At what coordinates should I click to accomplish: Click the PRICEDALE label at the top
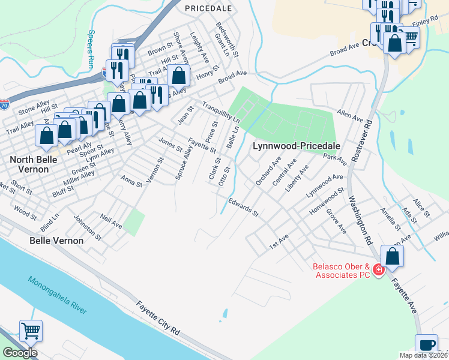point(208,8)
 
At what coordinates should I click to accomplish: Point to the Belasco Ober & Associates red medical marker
point(378,270)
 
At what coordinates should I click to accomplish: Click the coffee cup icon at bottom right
point(427,345)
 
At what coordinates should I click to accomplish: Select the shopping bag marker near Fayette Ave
point(392,256)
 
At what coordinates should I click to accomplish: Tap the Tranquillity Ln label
point(221,113)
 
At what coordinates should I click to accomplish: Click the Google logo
point(20,353)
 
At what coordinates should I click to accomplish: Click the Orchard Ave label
point(268,171)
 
